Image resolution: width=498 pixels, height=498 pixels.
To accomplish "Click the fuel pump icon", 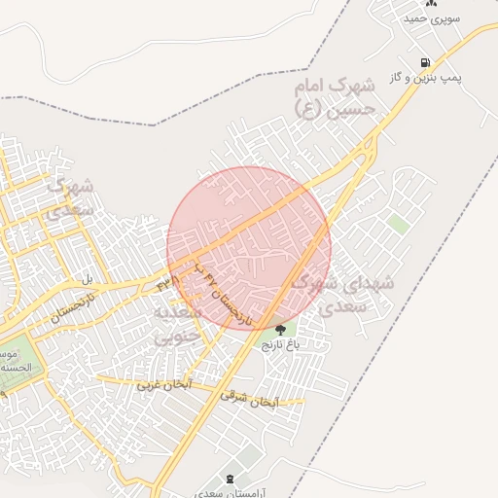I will (x=424, y=62).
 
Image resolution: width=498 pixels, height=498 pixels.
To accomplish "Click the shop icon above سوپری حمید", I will (x=431, y=4).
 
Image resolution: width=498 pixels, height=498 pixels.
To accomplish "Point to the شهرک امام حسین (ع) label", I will (x=341, y=100).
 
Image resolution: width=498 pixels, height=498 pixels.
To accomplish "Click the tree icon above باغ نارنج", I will (x=280, y=331).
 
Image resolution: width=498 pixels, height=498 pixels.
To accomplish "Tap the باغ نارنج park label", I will (x=280, y=344).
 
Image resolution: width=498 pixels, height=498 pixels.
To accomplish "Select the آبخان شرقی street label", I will (x=249, y=399).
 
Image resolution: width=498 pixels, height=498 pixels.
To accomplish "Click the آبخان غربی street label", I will (x=162, y=385).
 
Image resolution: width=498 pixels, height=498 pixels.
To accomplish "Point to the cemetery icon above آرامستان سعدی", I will (x=230, y=478).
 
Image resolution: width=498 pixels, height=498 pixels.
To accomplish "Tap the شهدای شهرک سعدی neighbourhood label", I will (x=342, y=293).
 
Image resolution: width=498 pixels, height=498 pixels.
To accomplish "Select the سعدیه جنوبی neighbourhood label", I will (x=176, y=325).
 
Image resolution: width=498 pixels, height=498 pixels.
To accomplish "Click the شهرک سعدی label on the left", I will (x=70, y=196).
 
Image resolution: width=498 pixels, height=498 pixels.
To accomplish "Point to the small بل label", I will (x=88, y=279).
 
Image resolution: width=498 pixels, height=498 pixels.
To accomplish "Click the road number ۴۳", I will (x=162, y=284).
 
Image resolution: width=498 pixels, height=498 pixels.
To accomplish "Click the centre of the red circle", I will (x=249, y=248).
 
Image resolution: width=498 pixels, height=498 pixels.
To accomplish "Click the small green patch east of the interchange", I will (x=398, y=224).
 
